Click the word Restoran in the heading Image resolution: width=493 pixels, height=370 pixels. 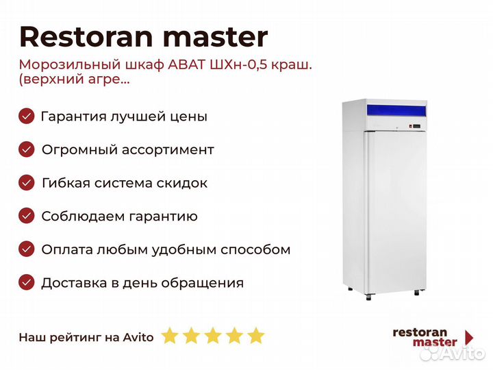click(x=86, y=36)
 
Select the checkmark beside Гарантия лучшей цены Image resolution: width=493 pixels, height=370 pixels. click(x=27, y=116)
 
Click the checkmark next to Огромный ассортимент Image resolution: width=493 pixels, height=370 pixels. click(x=27, y=149)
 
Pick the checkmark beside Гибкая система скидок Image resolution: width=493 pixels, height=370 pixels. click(x=27, y=183)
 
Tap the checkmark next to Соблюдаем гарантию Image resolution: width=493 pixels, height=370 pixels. click(x=27, y=216)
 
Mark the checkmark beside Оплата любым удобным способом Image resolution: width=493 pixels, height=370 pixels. click(x=27, y=249)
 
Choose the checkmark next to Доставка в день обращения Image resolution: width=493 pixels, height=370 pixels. click(x=27, y=282)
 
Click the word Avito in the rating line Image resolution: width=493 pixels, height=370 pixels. click(x=138, y=337)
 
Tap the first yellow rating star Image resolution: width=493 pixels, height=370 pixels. click(x=170, y=335)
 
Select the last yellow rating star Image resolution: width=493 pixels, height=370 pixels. click(x=256, y=335)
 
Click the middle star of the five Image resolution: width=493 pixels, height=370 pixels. click(x=213, y=335)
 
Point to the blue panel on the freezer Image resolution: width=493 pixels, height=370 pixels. click(x=396, y=111)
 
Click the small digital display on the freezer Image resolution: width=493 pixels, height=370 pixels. click(x=416, y=126)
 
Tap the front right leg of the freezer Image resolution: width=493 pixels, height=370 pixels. click(x=417, y=293)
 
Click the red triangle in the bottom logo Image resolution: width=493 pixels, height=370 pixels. click(x=470, y=337)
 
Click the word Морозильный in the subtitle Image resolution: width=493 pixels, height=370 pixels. click(x=70, y=65)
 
